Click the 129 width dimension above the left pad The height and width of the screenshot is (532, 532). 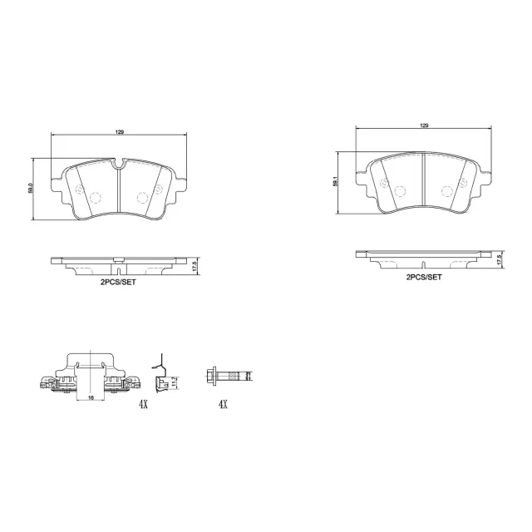tap(118, 131)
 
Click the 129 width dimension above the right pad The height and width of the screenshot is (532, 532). tap(424, 125)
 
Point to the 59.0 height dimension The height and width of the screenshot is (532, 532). tap(32, 190)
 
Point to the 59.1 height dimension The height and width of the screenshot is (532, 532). tap(335, 181)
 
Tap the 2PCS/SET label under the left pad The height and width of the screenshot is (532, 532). tap(118, 283)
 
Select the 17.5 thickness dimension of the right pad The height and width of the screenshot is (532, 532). tap(500, 259)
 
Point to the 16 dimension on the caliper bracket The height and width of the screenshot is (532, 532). tap(89, 398)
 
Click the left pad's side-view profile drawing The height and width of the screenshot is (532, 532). tap(118, 265)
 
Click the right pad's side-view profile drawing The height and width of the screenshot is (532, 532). tap(424, 257)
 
